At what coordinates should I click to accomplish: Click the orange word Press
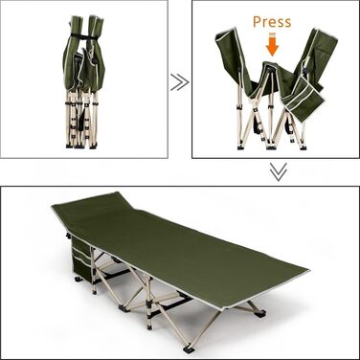pyautogui.click(x=272, y=22)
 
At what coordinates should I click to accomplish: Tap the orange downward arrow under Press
pyautogui.click(x=272, y=45)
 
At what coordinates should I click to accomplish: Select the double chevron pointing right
pyautogui.click(x=179, y=82)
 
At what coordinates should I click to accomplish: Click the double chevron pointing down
pyautogui.click(x=279, y=172)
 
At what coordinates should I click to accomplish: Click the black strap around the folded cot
pyautogui.click(x=84, y=36)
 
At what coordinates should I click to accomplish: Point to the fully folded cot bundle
pyautogui.click(x=84, y=81)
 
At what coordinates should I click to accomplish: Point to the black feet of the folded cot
pyautogui.click(x=80, y=146)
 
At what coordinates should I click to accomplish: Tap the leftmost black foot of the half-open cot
pyautogui.click(x=242, y=147)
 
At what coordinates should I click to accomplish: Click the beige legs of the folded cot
pyautogui.click(x=80, y=117)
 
